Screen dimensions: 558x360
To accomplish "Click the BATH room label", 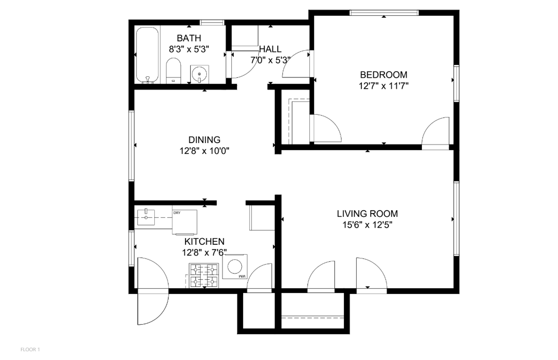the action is [x=189, y=38].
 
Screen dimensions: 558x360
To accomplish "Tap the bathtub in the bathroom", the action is [x=147, y=55].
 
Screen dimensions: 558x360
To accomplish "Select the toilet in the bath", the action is [x=173, y=71].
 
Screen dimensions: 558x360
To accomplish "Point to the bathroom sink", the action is [x=199, y=74].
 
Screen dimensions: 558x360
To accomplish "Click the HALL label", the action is [x=270, y=49].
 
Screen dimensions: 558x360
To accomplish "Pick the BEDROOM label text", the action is [x=384, y=75].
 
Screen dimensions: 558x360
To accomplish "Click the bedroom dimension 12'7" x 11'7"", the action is [x=384, y=86].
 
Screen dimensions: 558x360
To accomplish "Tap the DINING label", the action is [x=204, y=140].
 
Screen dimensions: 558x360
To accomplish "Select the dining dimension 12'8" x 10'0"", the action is [x=204, y=151].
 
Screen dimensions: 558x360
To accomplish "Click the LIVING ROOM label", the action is [x=367, y=214].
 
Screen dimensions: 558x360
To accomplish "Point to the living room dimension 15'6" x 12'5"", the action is [x=367, y=225].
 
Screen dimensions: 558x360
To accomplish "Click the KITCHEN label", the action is [x=204, y=242].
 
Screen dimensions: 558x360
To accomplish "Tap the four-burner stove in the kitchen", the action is [x=204, y=275].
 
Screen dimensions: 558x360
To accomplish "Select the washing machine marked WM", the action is [x=235, y=267].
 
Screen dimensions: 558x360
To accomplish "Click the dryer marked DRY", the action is [x=185, y=222].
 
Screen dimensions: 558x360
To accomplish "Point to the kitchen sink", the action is [x=146, y=217].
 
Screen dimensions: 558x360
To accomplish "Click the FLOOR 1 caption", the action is [x=30, y=350].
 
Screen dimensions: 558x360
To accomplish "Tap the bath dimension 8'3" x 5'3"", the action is [x=189, y=49].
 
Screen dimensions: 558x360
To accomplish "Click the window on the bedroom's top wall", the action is [x=384, y=13].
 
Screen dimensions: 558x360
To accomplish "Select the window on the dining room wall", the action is [x=131, y=146].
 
